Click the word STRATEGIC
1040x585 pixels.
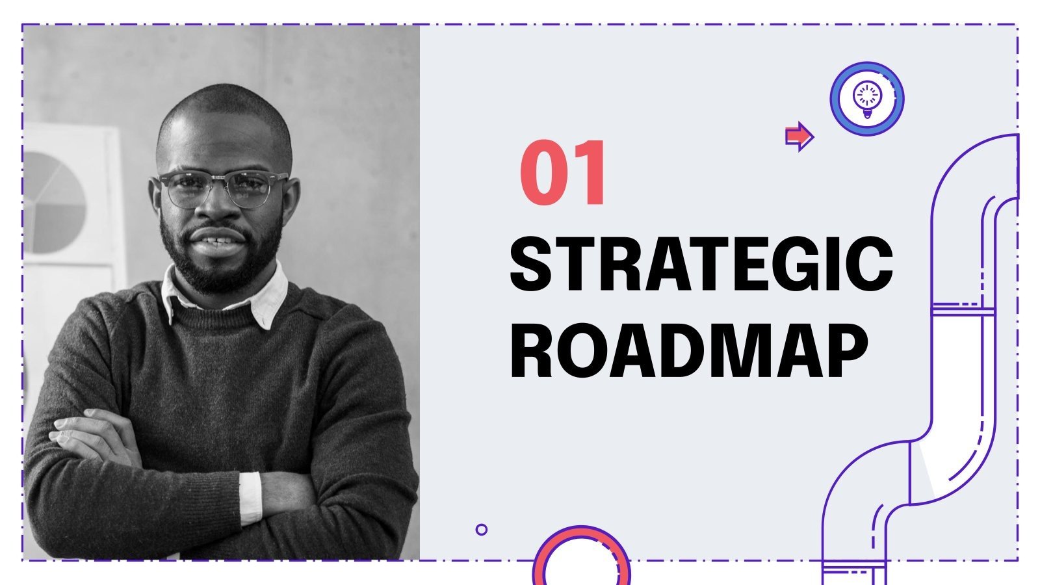(701, 265)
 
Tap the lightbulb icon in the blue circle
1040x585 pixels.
(866, 99)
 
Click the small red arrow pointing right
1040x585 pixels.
(799, 136)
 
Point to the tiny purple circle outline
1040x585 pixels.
(481, 530)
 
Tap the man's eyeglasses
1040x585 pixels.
(221, 188)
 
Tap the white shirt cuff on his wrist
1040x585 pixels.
(250, 497)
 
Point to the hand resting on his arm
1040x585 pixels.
(91, 435)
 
